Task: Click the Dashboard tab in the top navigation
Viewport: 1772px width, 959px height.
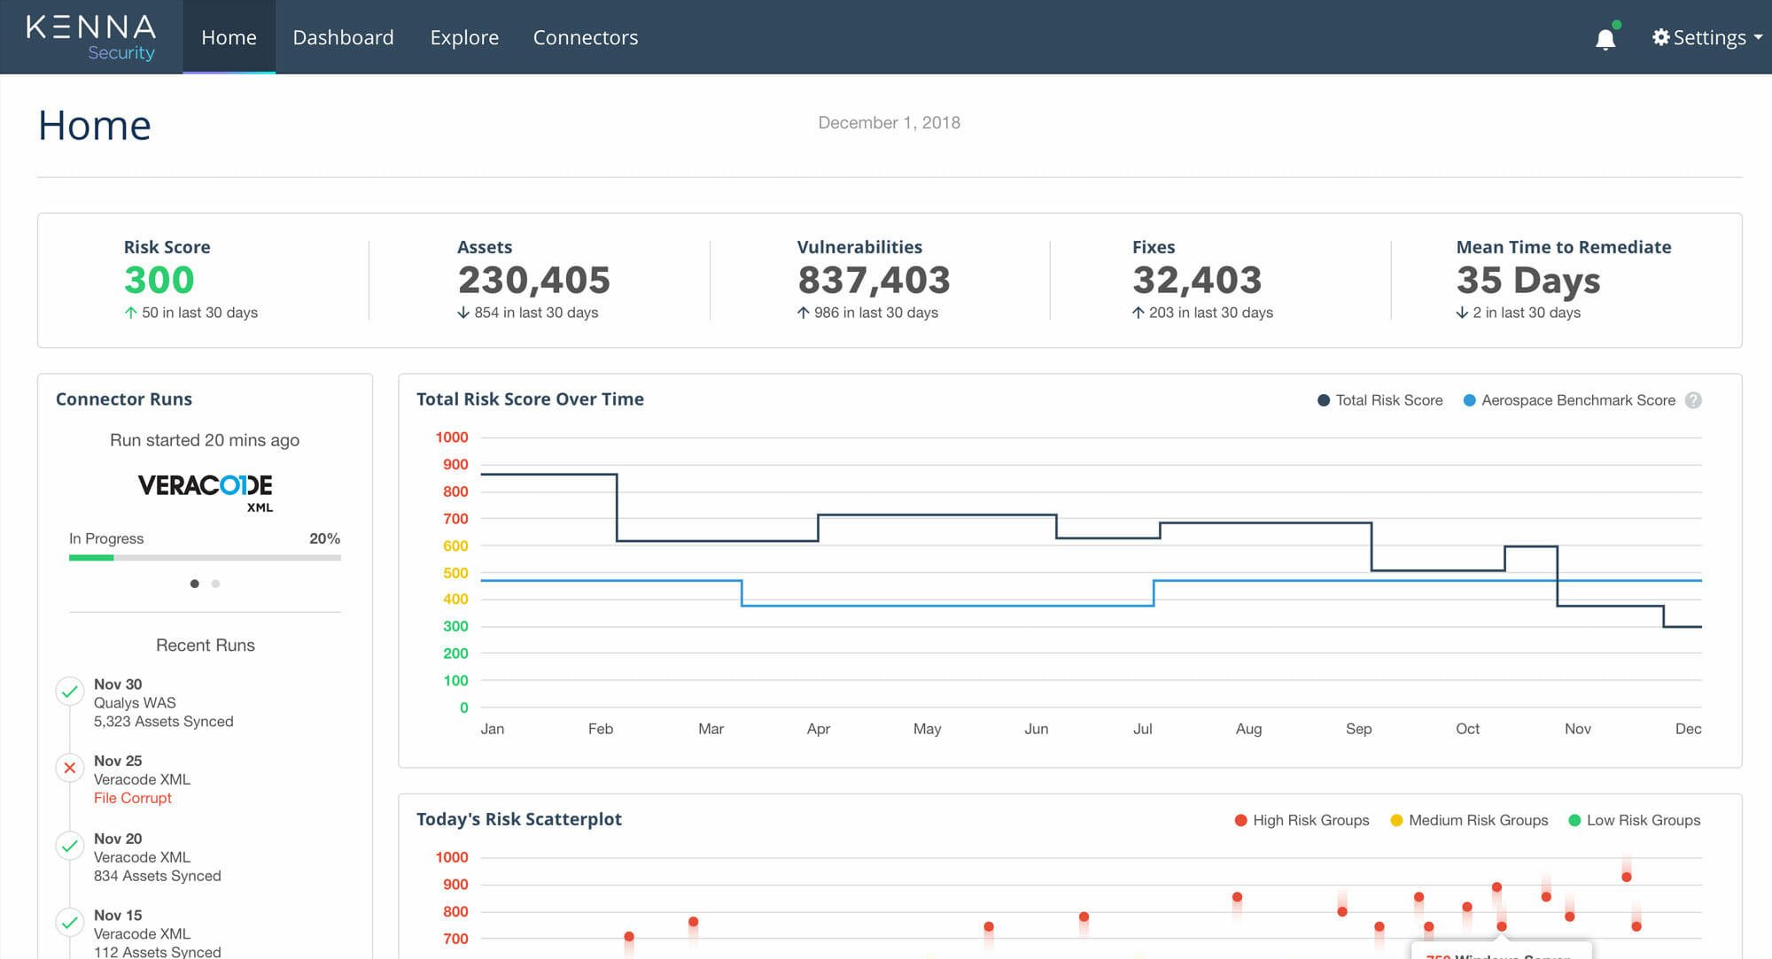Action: tap(343, 37)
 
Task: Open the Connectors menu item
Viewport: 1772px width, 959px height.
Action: tap(585, 37)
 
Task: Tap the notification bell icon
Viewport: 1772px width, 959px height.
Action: tap(1605, 39)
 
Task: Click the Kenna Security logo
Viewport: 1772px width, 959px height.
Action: tap(91, 37)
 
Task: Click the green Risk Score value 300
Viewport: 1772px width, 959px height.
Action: tap(159, 280)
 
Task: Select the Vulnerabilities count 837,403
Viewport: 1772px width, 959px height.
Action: tap(874, 280)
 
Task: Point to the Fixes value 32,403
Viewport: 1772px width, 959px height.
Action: tap(1197, 280)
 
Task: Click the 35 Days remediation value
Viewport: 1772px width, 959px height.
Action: tap(1528, 280)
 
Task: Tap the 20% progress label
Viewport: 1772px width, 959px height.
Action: tap(324, 538)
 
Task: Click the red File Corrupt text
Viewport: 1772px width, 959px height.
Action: tap(133, 798)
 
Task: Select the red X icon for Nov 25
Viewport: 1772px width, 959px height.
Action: tap(70, 768)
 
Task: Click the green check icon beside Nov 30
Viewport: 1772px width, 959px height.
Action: tap(70, 692)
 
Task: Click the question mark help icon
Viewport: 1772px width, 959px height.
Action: tap(1693, 400)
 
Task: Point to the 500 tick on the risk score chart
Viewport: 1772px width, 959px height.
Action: tap(455, 573)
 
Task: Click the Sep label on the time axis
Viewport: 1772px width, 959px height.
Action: tap(1358, 729)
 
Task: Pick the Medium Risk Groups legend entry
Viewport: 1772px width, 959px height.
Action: tap(1477, 820)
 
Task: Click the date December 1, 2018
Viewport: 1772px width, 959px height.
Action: tap(889, 123)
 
